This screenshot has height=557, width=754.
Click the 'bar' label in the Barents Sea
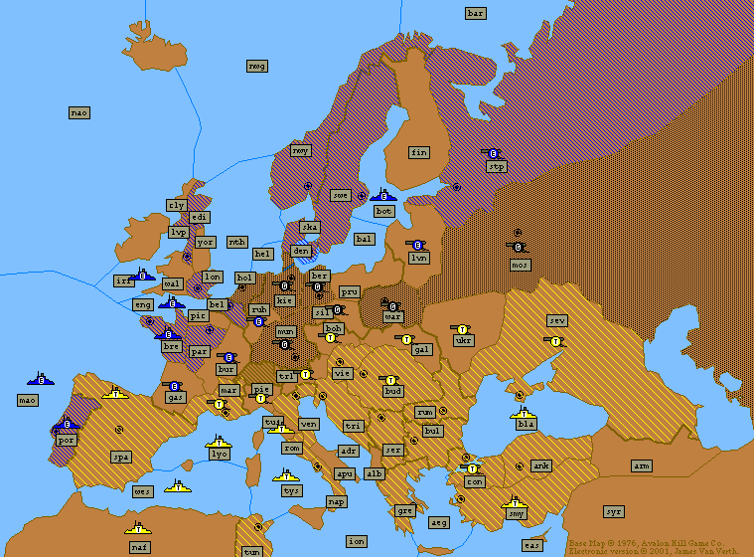475,13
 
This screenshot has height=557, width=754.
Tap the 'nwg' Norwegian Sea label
257,66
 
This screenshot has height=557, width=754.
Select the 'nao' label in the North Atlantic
79,112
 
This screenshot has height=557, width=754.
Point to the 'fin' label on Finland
419,152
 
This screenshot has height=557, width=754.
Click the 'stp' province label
497,167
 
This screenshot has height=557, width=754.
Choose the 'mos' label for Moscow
521,265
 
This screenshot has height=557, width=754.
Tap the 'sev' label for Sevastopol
556,320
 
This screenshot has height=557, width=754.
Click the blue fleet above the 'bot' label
382,196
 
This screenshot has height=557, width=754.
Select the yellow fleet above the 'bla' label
524,411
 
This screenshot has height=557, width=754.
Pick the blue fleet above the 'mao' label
41,379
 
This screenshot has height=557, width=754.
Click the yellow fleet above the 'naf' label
138,527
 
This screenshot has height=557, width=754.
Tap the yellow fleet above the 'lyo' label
219,441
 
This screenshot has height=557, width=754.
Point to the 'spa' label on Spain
121,457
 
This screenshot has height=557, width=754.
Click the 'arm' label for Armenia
642,465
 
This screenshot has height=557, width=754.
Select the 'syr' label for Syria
614,511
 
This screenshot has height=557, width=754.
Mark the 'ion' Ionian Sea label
357,540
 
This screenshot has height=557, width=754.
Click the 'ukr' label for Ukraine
464,340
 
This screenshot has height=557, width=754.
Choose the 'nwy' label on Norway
300,150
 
